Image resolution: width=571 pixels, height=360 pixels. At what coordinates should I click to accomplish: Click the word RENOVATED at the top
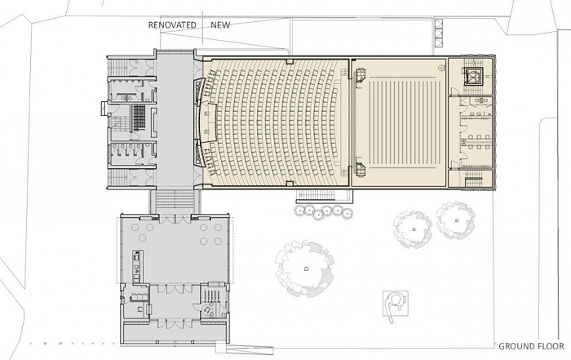point(172,25)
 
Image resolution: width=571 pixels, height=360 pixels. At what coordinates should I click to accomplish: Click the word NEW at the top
point(220,25)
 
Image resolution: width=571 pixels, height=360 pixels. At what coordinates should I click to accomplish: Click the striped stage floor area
point(399,122)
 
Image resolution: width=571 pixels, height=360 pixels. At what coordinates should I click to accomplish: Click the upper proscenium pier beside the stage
point(360,75)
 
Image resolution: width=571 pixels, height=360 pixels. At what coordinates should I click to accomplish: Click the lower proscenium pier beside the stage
point(360,169)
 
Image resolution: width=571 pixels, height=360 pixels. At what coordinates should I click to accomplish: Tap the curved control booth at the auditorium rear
point(199,122)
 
